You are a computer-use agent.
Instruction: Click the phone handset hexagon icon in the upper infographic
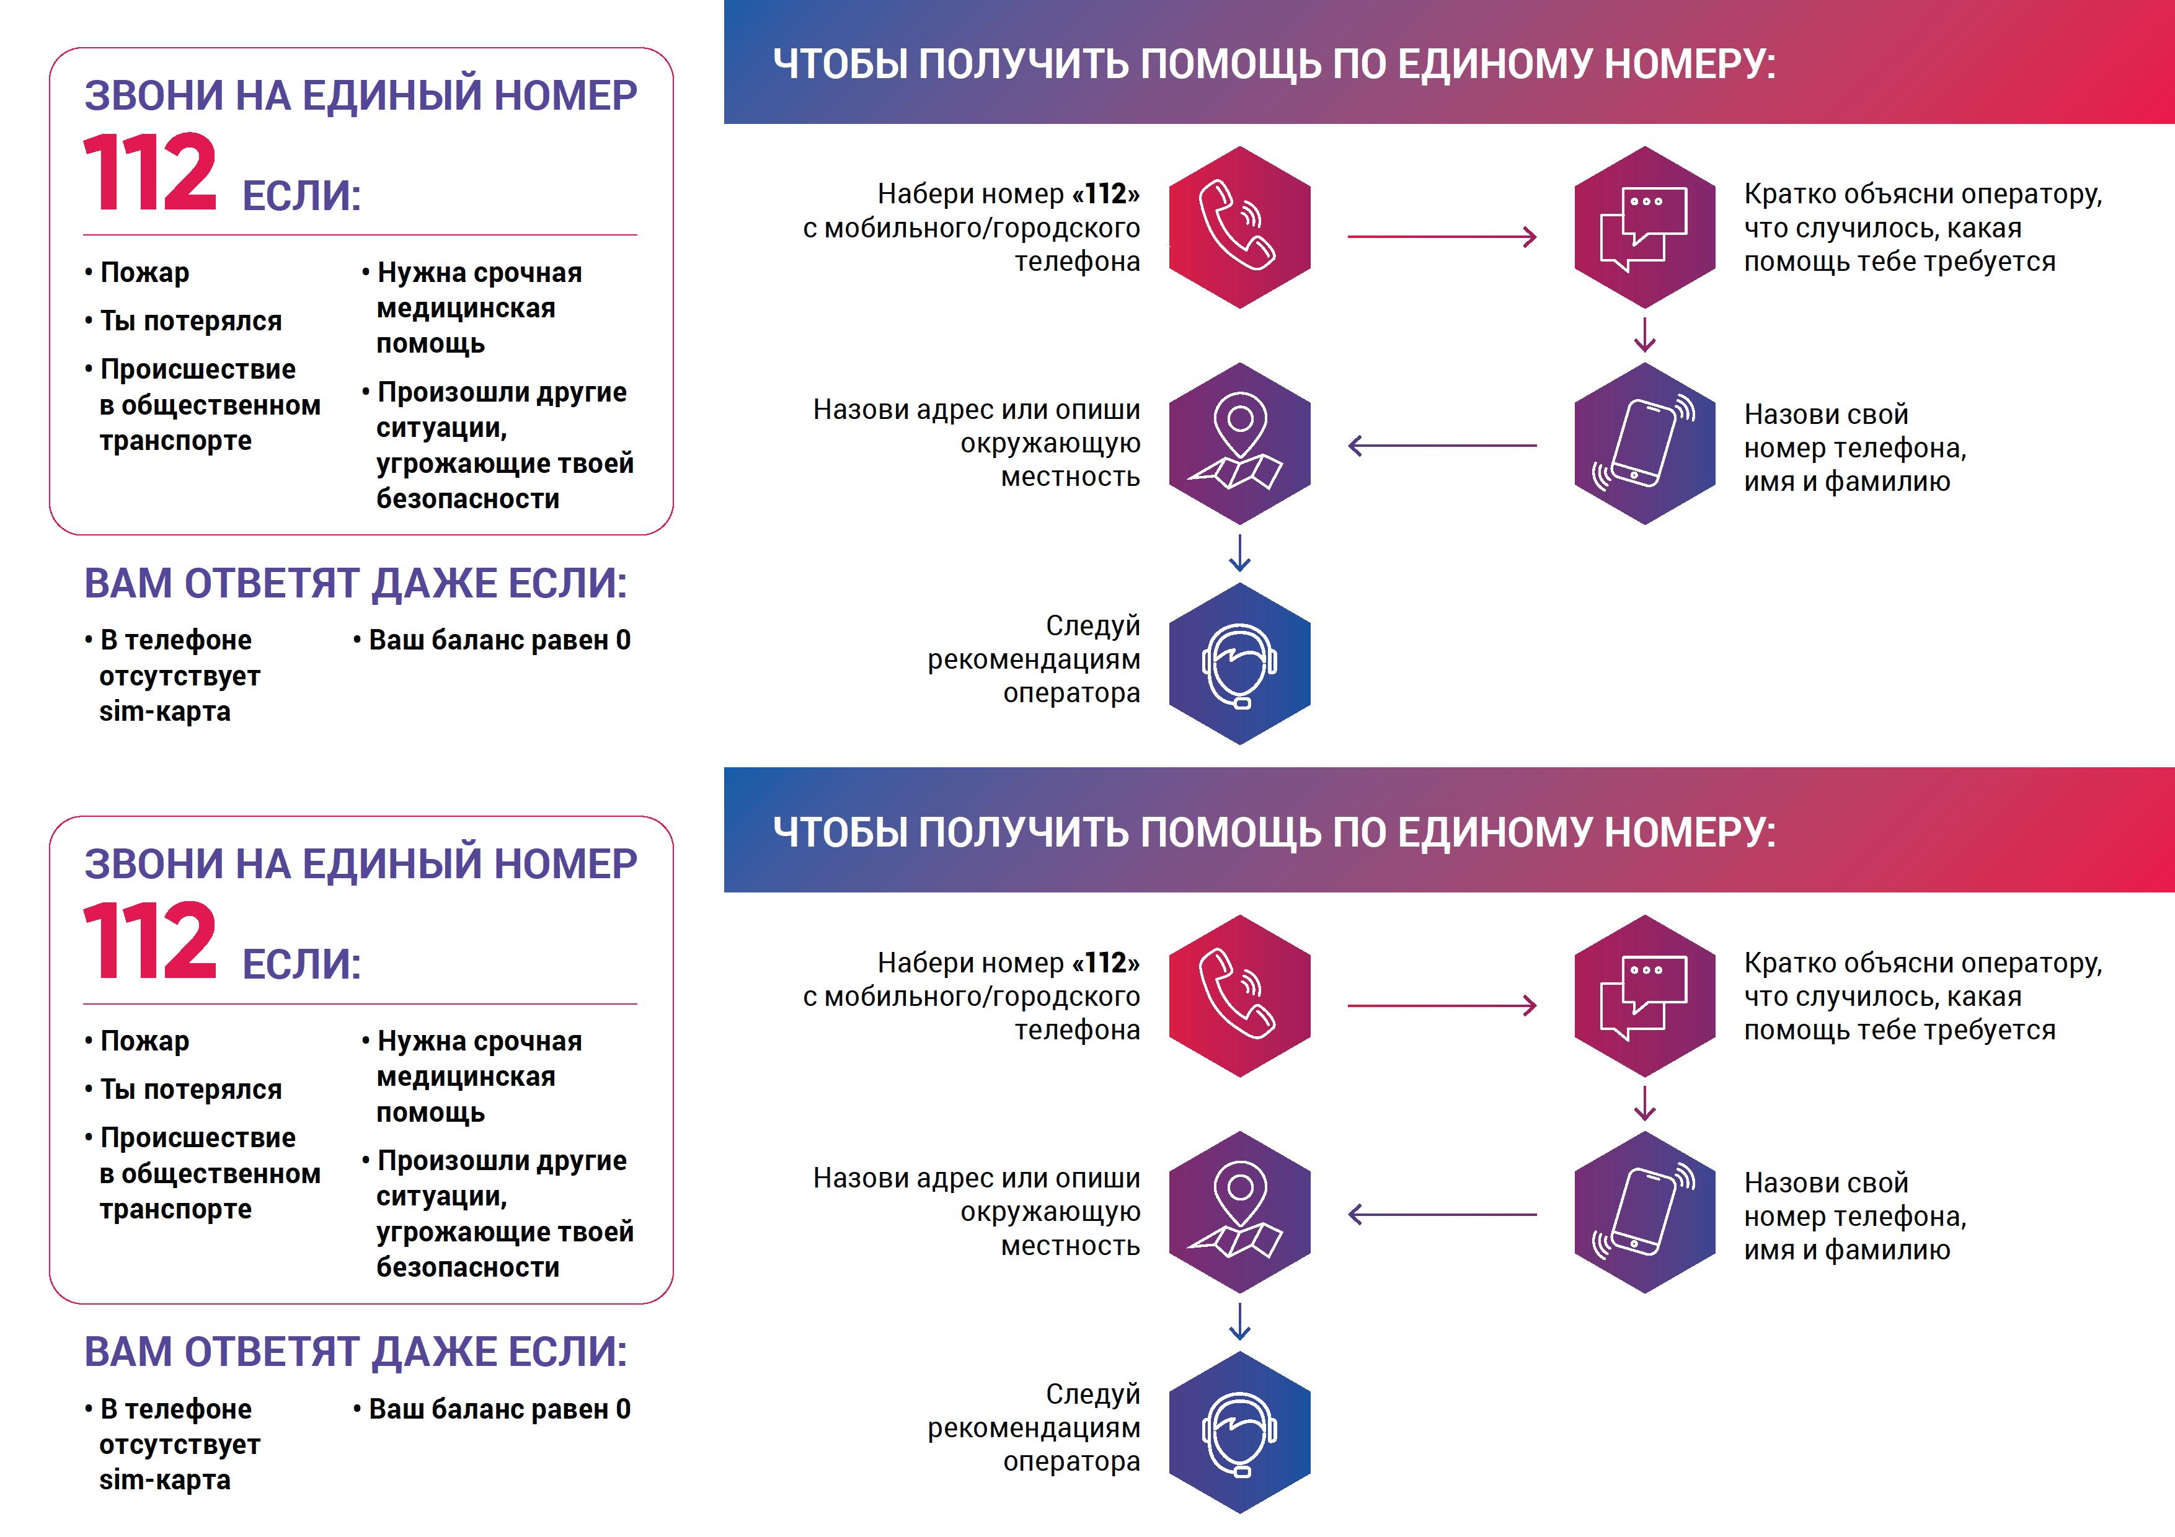tap(1239, 227)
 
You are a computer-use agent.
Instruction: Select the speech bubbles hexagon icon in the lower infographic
tap(1644, 996)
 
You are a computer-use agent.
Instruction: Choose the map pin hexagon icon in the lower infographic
tap(1239, 1212)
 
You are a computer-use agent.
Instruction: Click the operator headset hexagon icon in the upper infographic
tap(1239, 664)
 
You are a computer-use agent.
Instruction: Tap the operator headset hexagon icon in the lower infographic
tap(1239, 1433)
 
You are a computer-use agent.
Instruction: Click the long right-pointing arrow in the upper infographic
tap(1442, 237)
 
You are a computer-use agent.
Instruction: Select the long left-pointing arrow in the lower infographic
tap(1442, 1214)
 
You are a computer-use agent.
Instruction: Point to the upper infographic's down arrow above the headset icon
tap(1239, 553)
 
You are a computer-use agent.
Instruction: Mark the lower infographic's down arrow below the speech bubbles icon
tap(1644, 1103)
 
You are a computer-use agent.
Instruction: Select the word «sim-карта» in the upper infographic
tap(165, 711)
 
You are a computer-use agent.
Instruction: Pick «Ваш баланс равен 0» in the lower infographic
tap(492, 1409)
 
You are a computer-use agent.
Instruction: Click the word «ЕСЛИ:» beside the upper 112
tap(301, 196)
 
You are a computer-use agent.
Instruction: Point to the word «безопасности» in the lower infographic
tap(468, 1267)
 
